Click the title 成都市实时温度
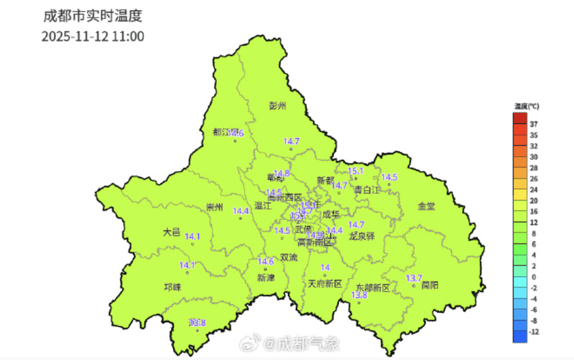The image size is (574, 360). coord(97,15)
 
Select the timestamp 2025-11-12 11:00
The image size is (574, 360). coord(93,37)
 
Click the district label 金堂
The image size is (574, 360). coord(426,206)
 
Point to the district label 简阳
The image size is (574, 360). coord(430,285)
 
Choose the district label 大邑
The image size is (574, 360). coord(172,232)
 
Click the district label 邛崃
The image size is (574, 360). coord(172,287)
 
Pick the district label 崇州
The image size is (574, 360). coord(214,207)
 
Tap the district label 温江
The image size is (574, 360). coord(263,206)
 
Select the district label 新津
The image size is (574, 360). coord(266,278)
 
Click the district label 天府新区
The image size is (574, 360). coord(326,284)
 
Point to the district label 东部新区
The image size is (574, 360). coord(373,287)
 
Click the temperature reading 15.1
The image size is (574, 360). coord(355,171)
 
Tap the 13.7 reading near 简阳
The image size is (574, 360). coord(414,278)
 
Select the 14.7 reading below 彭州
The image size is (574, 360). coord(291,142)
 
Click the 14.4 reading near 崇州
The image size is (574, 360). coord(240,211)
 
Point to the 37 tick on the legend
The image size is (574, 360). coord(534,123)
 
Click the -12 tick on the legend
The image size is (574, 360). coord(535,332)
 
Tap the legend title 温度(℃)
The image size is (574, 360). coord(526,106)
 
